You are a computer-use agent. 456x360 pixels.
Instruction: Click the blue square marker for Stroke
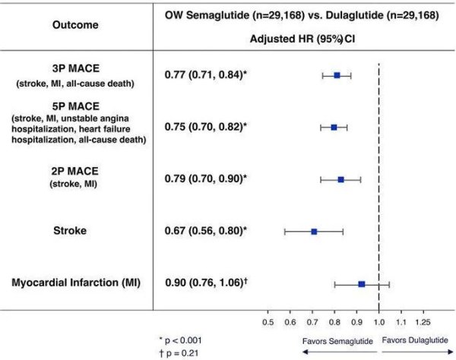(314, 230)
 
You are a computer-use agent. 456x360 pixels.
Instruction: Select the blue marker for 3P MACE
(337, 75)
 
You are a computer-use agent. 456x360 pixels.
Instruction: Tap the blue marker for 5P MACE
(334, 127)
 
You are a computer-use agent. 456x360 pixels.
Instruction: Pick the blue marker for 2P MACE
(341, 179)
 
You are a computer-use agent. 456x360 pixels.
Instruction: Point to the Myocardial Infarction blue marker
(362, 283)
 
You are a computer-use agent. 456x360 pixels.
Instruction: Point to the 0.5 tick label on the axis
(268, 322)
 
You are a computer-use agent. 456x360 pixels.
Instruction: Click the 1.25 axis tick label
(425, 322)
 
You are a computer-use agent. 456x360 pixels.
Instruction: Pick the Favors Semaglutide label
(337, 342)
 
